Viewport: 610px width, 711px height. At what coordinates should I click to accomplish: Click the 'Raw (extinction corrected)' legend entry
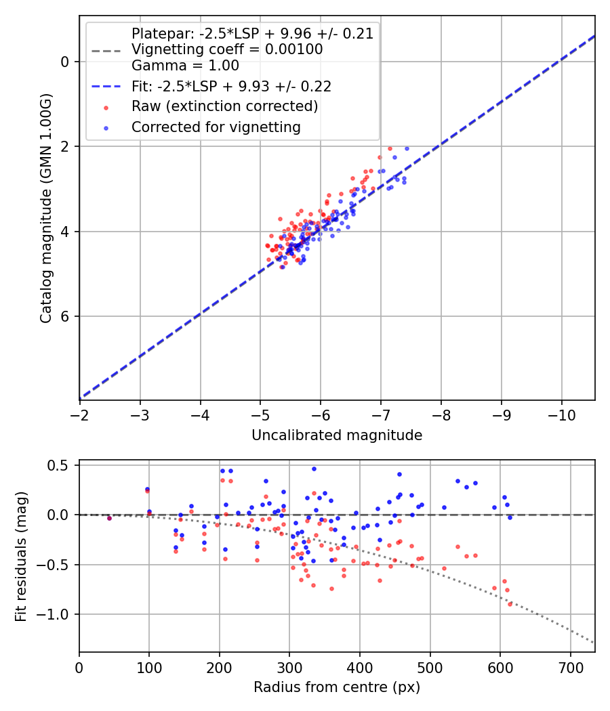coord(224,106)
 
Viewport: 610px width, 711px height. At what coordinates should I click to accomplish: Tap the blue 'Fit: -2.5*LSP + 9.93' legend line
coord(106,87)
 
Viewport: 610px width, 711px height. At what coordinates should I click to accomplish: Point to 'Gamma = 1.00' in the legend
coord(185,66)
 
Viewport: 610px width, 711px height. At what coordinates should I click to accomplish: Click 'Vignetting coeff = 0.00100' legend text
coord(227,49)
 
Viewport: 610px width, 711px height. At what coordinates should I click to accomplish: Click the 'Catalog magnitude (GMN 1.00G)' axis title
coord(45,207)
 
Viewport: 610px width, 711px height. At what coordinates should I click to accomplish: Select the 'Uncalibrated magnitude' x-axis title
coord(337,435)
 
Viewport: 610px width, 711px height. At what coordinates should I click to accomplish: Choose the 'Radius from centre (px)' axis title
coord(337,687)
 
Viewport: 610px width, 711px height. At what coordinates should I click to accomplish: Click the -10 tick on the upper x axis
coord(561,412)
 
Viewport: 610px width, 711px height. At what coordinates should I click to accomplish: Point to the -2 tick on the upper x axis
coord(80,412)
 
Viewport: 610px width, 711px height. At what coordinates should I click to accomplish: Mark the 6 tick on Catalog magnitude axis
coord(64,316)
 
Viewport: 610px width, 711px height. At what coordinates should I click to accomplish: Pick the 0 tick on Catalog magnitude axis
coord(64,62)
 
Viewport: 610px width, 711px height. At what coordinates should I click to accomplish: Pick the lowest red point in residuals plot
coord(510,603)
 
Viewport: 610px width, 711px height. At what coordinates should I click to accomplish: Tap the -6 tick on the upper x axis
coord(321,412)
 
